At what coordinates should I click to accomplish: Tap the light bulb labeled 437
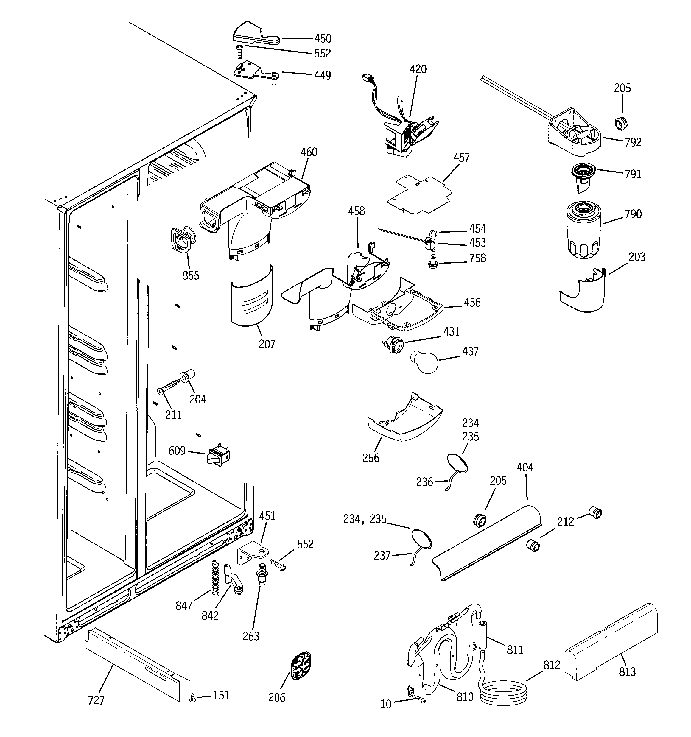[424, 362]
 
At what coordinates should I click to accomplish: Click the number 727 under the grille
[96, 700]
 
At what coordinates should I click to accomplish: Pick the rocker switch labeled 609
[218, 455]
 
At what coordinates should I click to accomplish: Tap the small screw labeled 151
[192, 698]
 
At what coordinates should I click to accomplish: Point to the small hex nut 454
[433, 233]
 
